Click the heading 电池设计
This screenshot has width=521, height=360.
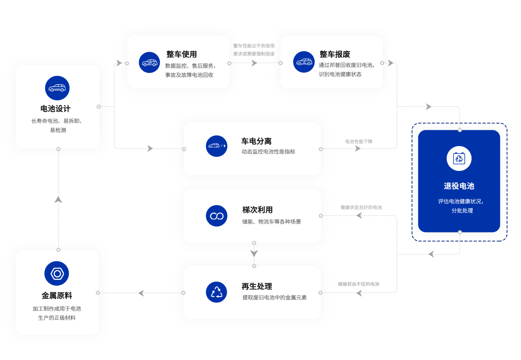(56, 109)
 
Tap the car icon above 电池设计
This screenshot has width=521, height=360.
(57, 88)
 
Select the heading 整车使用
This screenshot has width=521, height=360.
(182, 54)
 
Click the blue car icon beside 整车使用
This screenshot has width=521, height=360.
(149, 62)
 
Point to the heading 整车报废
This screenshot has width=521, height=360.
(335, 54)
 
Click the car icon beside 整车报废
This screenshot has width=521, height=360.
(304, 62)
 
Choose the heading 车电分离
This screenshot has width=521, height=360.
(256, 141)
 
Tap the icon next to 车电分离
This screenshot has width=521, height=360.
(216, 146)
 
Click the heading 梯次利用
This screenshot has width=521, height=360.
(257, 210)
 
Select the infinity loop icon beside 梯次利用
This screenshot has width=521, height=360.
(216, 216)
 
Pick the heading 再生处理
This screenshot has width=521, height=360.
(257, 286)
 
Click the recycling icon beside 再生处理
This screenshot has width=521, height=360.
(216, 292)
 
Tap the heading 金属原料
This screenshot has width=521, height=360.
(57, 296)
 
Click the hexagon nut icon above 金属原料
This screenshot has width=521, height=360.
(57, 273)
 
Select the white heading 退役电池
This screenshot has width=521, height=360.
(459, 186)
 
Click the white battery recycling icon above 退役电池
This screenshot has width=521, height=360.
(459, 158)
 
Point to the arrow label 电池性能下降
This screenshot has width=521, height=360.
(359, 141)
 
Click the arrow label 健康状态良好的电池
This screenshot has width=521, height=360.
(361, 207)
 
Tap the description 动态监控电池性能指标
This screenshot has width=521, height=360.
(268, 152)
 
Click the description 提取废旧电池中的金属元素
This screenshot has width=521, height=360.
(274, 298)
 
